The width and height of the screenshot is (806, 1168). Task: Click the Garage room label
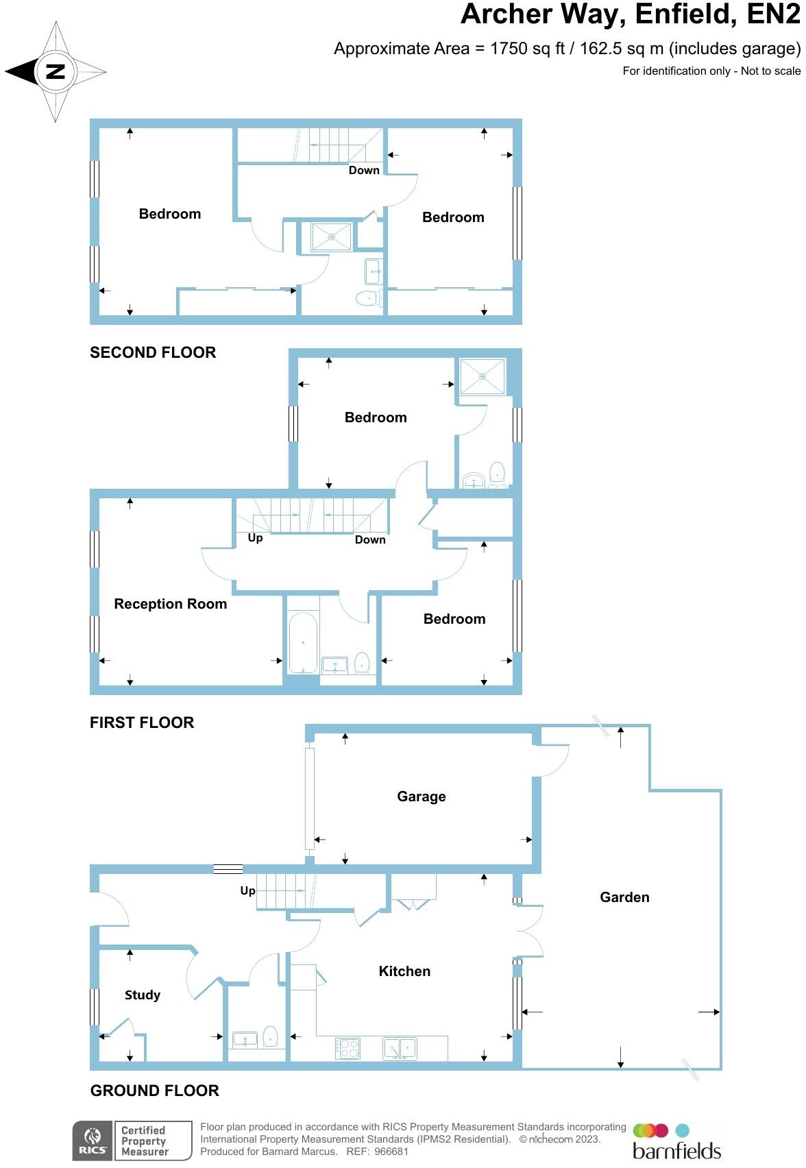pyautogui.click(x=421, y=796)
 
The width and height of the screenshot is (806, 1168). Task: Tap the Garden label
pyautogui.click(x=624, y=897)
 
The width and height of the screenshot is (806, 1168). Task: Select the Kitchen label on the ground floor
pyautogui.click(x=404, y=971)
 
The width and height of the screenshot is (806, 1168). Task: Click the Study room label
pyautogui.click(x=142, y=995)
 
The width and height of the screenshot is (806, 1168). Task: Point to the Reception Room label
pyautogui.click(x=170, y=604)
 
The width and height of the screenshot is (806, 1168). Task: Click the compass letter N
pyautogui.click(x=55, y=71)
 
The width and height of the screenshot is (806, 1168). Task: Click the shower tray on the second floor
pyautogui.click(x=332, y=237)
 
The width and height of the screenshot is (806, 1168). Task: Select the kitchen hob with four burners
pyautogui.click(x=348, y=1048)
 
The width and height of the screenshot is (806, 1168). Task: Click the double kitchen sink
pyautogui.click(x=400, y=1048)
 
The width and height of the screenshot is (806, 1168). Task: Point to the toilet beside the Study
pyautogui.click(x=270, y=1037)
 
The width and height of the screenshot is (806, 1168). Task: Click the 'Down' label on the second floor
pyautogui.click(x=363, y=171)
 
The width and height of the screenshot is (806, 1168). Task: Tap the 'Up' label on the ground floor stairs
pyautogui.click(x=247, y=891)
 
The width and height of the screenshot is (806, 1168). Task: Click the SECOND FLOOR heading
pyautogui.click(x=153, y=352)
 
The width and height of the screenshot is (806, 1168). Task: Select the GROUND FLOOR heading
pyautogui.click(x=154, y=1091)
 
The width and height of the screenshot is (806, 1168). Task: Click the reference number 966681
pyautogui.click(x=391, y=1152)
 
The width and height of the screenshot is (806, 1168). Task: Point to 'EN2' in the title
pyautogui.click(x=772, y=15)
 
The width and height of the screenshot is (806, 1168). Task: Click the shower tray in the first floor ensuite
pyautogui.click(x=483, y=376)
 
